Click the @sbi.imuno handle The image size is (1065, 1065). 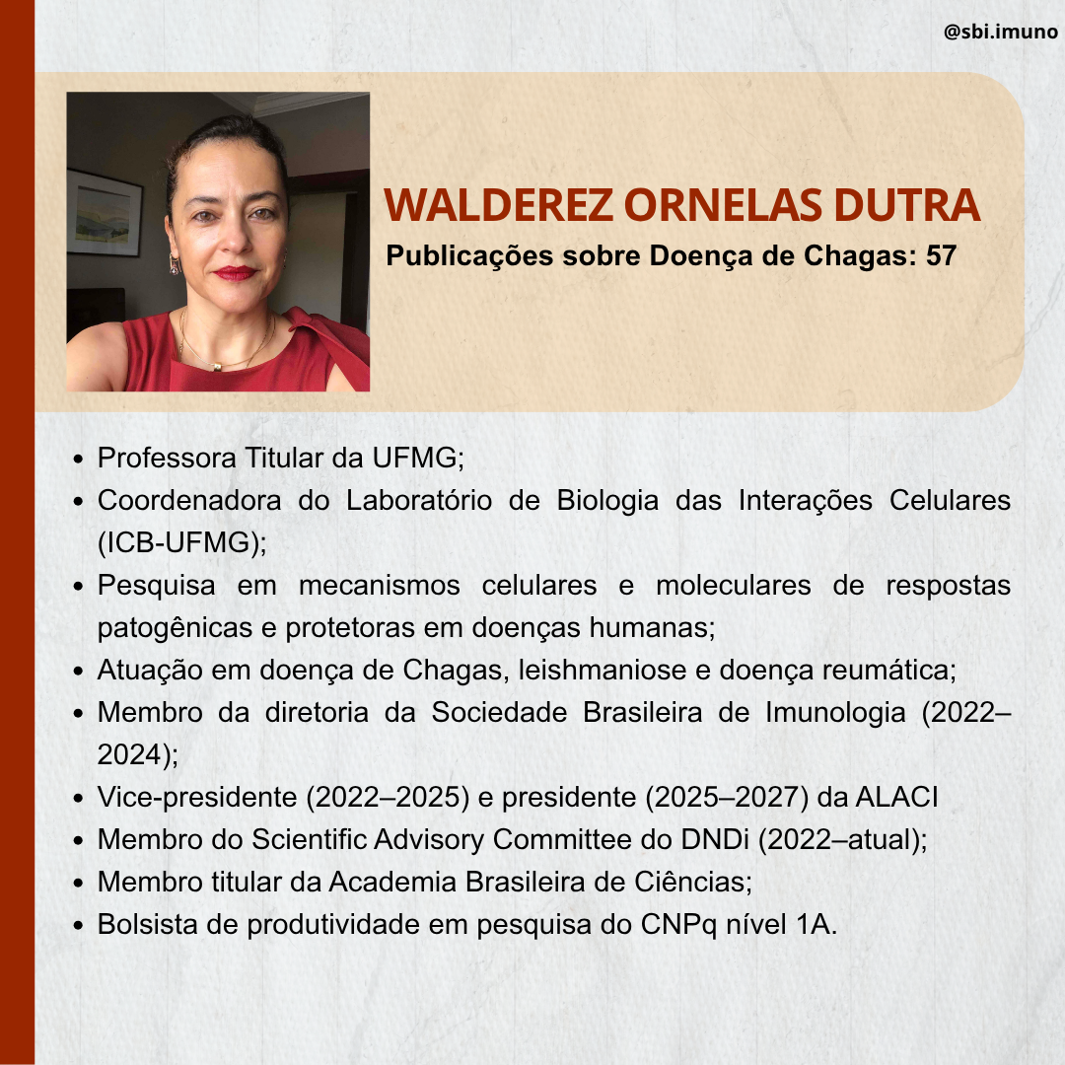pos(1001,32)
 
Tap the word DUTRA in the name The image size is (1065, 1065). pos(907,204)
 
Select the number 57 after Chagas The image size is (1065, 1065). pos(941,255)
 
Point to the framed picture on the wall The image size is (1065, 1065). pos(104,213)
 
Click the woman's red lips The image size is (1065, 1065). pos(235,273)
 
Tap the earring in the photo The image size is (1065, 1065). pos(175,264)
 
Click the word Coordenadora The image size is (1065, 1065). pos(189,501)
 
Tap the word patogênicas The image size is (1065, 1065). pos(176,628)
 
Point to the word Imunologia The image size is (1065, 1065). pos(835,713)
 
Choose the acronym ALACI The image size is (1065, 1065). pos(896,797)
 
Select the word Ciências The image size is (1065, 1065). pos(690,882)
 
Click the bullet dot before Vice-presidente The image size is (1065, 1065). pos(78,798)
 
